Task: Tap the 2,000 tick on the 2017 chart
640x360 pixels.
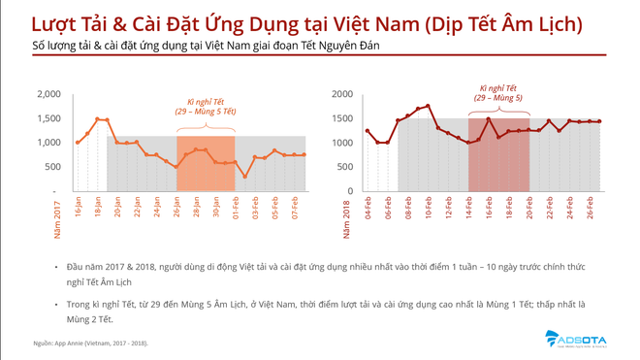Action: click(x=48, y=94)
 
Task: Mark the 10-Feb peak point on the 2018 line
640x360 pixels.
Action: click(x=428, y=106)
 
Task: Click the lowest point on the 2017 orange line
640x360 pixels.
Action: click(x=244, y=177)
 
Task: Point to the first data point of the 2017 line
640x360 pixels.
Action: click(x=78, y=143)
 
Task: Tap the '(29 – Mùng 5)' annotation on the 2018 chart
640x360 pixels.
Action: click(x=498, y=99)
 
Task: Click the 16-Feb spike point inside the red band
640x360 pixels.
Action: click(x=488, y=119)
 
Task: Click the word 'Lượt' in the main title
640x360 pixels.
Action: click(x=54, y=23)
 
